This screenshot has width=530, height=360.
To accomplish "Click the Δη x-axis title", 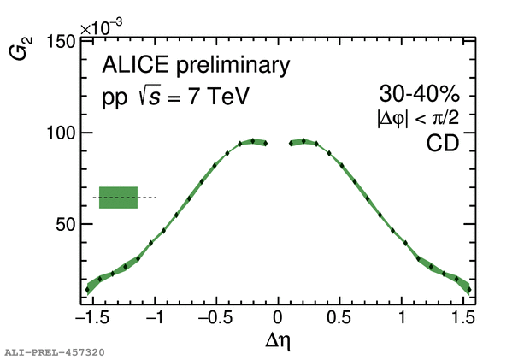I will [x=279, y=341].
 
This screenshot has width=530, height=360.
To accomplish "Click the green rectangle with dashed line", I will [x=118, y=198].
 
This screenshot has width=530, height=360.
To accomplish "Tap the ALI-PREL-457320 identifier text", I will [x=55, y=351].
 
